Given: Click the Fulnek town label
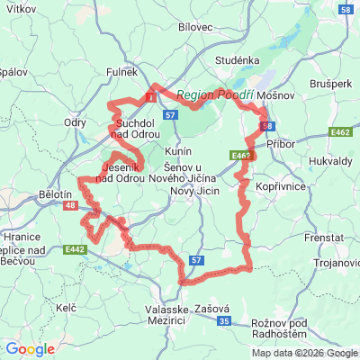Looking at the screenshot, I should coord(123,71).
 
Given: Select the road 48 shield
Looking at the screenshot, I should coord(70,206).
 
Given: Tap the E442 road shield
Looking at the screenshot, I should coord(76,249).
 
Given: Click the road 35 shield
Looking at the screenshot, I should coord(225,321).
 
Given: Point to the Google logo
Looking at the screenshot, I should coord(30,349).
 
